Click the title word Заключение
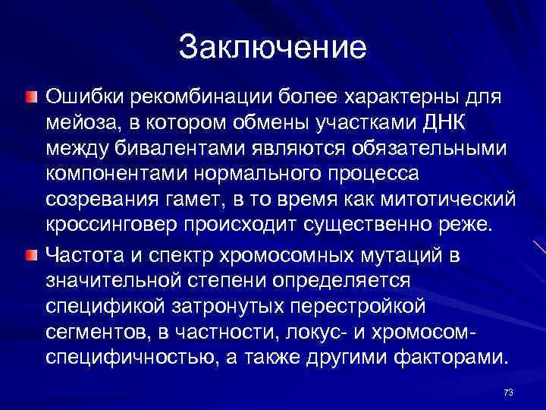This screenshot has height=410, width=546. pos(273,47)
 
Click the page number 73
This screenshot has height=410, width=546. pos(508,392)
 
